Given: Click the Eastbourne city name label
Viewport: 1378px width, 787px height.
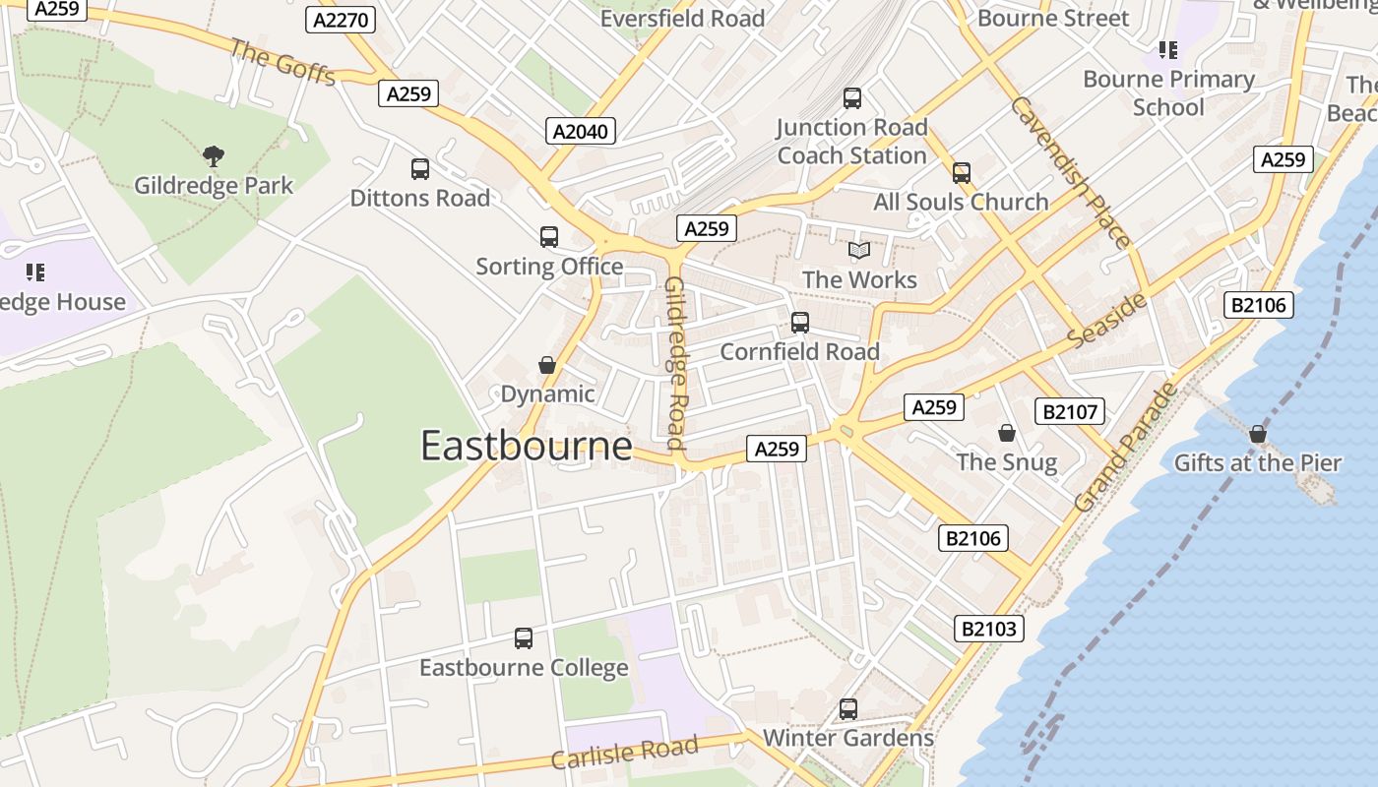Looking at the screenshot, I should coord(526,447).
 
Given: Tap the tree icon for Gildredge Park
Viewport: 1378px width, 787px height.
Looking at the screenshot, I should coord(213,155).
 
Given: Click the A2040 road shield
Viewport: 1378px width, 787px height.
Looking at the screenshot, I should coord(581,131).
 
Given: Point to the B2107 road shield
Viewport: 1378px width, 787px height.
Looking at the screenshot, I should coord(1070,411).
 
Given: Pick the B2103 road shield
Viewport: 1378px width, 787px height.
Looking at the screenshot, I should coord(989,629).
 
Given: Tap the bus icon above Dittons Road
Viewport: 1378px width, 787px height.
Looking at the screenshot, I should coord(420,169).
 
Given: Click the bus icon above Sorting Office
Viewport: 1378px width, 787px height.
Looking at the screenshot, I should coord(549,237).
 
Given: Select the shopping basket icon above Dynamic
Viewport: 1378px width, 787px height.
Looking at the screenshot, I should coord(547,366).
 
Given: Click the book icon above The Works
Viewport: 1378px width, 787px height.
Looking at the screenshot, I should coord(859,251).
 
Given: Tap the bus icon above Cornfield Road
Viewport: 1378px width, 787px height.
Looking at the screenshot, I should coord(800,323).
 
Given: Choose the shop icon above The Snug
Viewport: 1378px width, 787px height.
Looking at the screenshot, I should coord(1007,433).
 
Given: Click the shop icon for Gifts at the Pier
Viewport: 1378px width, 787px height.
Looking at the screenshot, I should coord(1257,434).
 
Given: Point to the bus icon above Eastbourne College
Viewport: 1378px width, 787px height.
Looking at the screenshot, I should coord(524,638).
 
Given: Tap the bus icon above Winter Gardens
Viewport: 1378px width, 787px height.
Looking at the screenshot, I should coord(847,709).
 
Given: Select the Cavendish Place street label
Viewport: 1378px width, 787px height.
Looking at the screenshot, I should coord(1070,172).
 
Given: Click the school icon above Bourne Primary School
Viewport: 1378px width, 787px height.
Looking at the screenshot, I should coord(1168,50).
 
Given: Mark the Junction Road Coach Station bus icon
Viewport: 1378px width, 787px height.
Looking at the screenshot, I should coord(852,98).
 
